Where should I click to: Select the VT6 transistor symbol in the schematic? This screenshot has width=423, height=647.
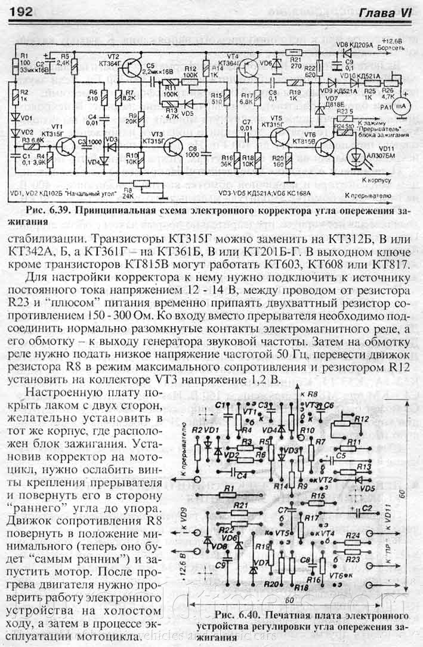click(x=327, y=148)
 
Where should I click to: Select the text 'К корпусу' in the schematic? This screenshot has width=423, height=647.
click(x=378, y=179)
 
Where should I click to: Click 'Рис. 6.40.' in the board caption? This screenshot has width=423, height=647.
click(x=236, y=615)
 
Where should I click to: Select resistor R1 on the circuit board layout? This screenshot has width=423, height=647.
click(x=229, y=490)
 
